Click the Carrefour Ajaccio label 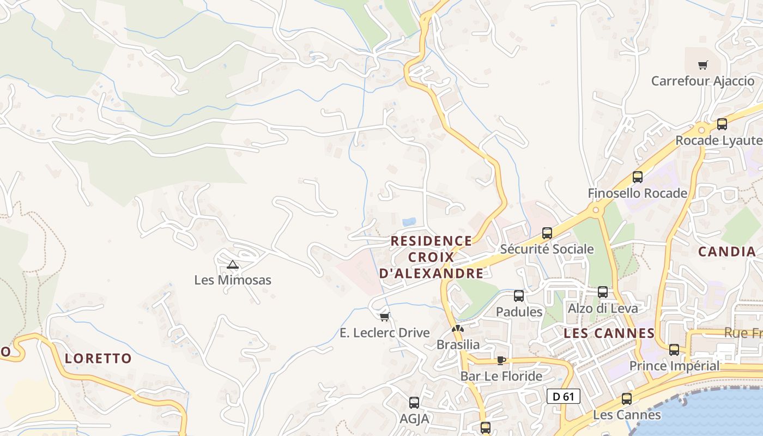703,81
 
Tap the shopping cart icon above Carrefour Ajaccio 703,65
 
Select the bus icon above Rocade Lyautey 722,124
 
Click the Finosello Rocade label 637,193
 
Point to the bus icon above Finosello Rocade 637,177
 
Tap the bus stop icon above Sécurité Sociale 547,233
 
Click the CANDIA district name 726,251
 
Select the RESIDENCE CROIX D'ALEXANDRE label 431,257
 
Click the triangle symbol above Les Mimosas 233,265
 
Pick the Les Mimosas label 233,280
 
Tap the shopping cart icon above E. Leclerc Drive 384,317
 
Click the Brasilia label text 458,344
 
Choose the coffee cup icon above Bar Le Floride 501,360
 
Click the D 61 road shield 563,396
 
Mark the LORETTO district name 98,358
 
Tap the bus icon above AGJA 414,403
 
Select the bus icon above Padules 519,296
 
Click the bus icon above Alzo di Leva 603,292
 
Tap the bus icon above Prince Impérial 674,350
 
